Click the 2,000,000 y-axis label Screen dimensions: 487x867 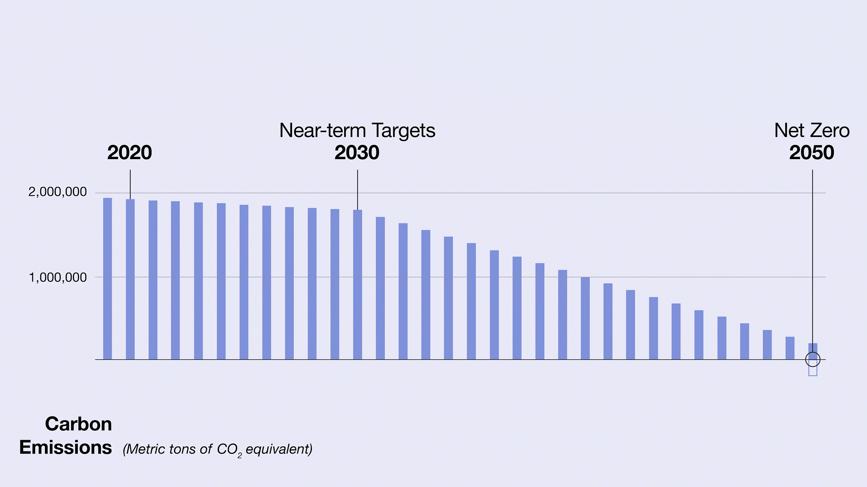[x=57, y=192]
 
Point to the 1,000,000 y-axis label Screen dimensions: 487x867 [x=57, y=278]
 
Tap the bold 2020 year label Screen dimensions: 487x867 [x=130, y=153]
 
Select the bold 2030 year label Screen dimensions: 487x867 [x=357, y=153]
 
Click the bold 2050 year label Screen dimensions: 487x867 [x=812, y=153]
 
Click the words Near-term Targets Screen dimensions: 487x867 [x=357, y=131]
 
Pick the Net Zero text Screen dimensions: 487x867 [x=812, y=131]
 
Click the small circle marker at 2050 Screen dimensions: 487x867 [x=812, y=360]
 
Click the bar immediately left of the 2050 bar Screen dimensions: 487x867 [x=790, y=348]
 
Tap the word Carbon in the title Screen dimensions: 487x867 [x=78, y=424]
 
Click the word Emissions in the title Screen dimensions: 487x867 [x=66, y=448]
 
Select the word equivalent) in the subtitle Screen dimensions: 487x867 [x=279, y=449]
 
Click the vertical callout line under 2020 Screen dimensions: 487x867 [x=130, y=184]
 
